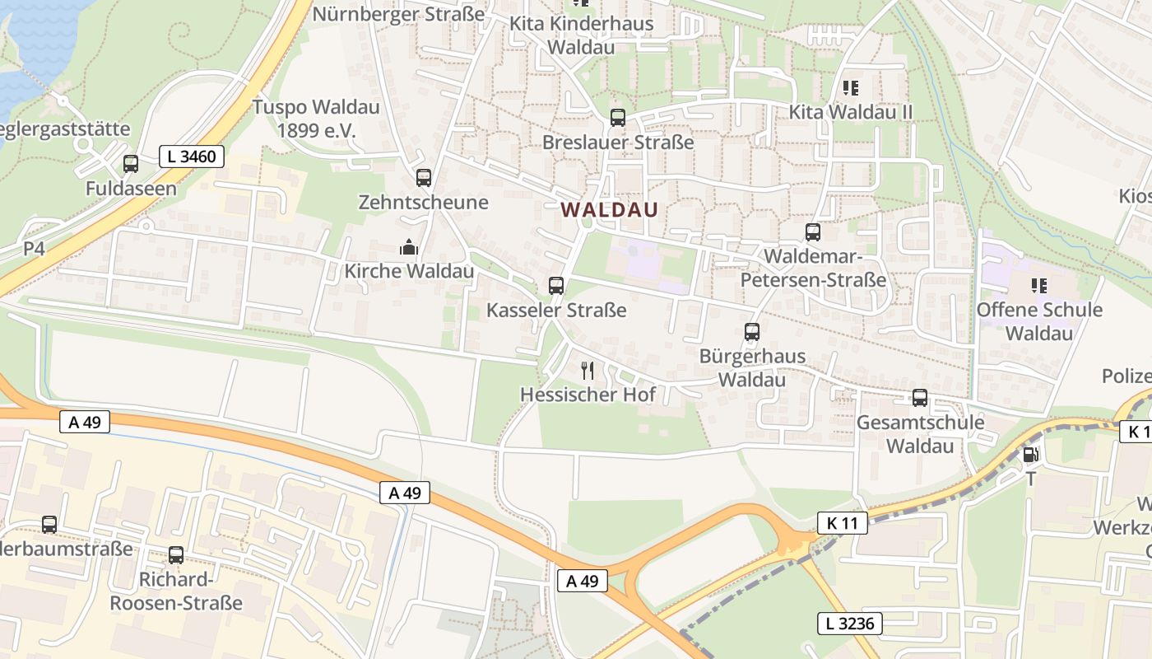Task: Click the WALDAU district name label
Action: click(x=610, y=210)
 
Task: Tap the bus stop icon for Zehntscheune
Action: click(x=424, y=177)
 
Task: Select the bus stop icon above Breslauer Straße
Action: click(x=618, y=118)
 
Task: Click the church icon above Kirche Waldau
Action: click(x=408, y=246)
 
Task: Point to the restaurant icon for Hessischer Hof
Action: click(x=588, y=370)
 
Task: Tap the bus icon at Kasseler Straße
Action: click(x=556, y=286)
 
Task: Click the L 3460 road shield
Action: click(x=192, y=157)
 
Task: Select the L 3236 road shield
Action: click(x=850, y=624)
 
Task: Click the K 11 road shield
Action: click(x=843, y=522)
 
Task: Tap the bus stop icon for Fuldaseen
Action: click(x=131, y=164)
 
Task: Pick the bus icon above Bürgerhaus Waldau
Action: click(x=752, y=332)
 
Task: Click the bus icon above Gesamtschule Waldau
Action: click(x=920, y=398)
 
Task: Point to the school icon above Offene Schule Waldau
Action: click(x=1039, y=286)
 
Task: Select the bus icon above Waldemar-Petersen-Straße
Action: click(x=813, y=232)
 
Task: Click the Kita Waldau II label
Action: click(x=851, y=111)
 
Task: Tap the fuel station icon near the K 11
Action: click(x=1029, y=454)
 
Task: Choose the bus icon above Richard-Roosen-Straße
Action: click(x=176, y=555)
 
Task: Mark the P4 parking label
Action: click(x=34, y=248)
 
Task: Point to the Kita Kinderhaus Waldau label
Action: click(x=581, y=35)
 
